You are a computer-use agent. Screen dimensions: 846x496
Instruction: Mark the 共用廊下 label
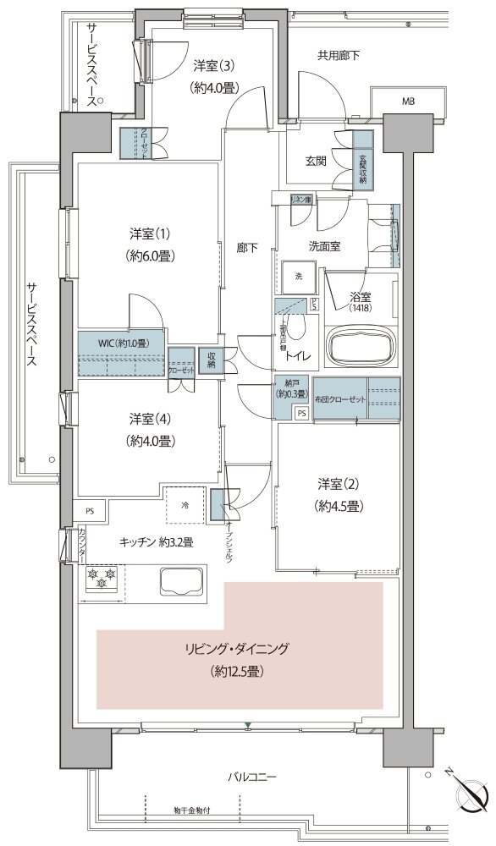339,56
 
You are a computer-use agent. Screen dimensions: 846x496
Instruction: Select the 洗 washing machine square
299,277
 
